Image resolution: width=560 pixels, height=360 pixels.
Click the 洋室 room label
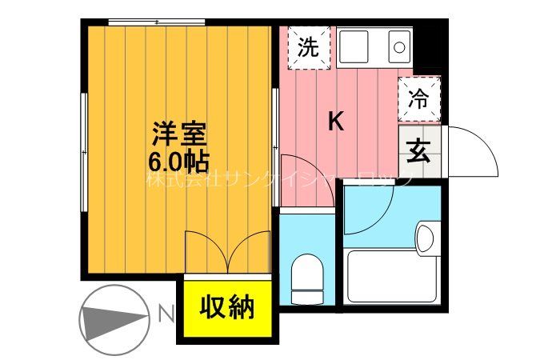tap(180, 133)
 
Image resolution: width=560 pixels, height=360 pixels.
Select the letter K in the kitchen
tap(337, 122)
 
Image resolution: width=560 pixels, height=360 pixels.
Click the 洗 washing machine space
tap(308, 47)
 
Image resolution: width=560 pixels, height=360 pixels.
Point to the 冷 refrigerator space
tap(418, 98)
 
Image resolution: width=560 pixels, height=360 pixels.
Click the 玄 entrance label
tap(418, 150)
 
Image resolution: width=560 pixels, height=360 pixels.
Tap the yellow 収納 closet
tap(226, 307)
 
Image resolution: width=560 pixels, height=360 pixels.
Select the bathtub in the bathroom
tap(392, 276)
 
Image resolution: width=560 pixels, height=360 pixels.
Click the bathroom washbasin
tap(425, 238)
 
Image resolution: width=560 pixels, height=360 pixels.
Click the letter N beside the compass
tap(166, 313)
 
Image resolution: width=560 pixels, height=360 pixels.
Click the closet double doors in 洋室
tap(228, 252)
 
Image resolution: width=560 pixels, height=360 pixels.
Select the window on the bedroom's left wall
tap(83, 152)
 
